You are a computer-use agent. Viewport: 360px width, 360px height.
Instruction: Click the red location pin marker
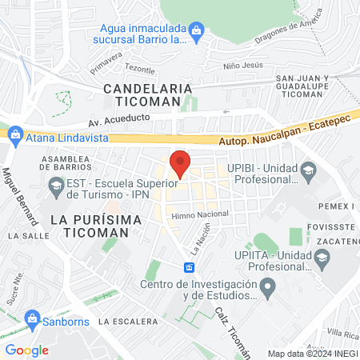click(x=181, y=162)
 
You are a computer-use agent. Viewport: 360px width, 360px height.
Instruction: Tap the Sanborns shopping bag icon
click(x=33, y=320)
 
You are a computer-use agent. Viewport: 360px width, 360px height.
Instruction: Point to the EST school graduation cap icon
click(x=55, y=189)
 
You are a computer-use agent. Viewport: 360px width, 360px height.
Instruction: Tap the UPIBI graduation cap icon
click(x=308, y=170)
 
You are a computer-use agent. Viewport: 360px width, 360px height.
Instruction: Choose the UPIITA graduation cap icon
click(x=322, y=256)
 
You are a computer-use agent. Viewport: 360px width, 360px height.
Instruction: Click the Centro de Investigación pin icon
click(x=269, y=286)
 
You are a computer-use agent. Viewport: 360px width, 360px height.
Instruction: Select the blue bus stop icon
click(x=190, y=267)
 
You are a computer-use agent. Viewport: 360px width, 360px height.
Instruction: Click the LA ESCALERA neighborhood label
click(x=127, y=321)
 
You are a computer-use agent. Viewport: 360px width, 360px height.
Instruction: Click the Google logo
click(x=26, y=350)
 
